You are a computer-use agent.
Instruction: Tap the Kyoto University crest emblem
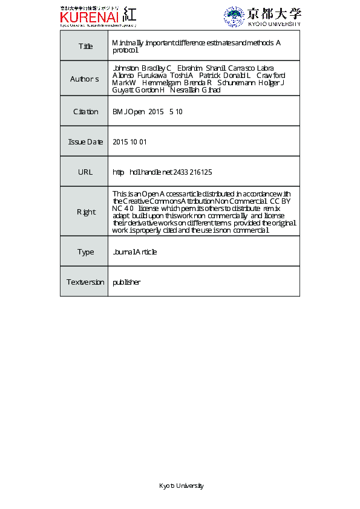(x=234, y=16)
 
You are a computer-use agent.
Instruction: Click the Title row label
(x=85, y=47)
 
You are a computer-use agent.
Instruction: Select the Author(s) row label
(x=84, y=79)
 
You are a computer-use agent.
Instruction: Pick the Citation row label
(x=85, y=112)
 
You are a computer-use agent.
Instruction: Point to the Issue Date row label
(x=85, y=142)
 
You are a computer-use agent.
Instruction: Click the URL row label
(x=85, y=172)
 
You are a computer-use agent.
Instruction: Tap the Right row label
(x=85, y=212)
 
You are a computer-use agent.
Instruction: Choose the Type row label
(x=85, y=252)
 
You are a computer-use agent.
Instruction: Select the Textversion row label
(x=85, y=282)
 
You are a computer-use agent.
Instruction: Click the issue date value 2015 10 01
(x=129, y=142)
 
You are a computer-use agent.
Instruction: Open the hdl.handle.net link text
(x=162, y=172)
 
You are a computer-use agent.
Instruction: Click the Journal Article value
(x=134, y=252)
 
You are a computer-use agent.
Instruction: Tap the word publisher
(x=126, y=282)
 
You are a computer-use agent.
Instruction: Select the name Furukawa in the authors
(x=152, y=75)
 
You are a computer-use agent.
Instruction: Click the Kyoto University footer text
(x=181, y=486)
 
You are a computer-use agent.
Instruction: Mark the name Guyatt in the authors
(x=123, y=90)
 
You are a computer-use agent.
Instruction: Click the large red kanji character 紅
(x=129, y=15)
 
